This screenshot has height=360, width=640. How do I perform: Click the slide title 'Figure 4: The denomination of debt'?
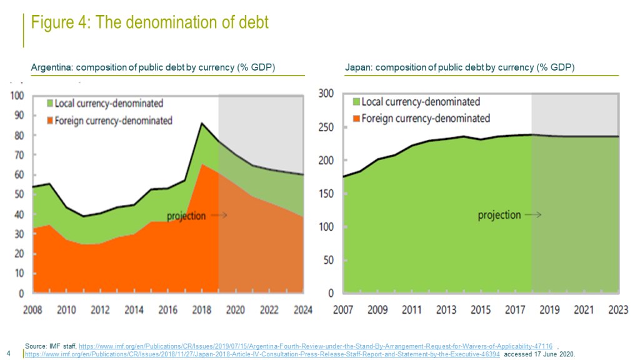pos(150,23)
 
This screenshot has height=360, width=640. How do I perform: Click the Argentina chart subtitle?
pos(153,67)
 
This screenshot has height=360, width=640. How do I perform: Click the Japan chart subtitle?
pos(459,67)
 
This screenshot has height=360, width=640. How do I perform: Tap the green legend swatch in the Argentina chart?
pos(49,103)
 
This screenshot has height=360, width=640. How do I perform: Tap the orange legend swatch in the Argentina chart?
pos(49,121)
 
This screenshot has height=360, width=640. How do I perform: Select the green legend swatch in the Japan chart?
pos(357,101)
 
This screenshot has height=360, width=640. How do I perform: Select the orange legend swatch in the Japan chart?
pos(357,118)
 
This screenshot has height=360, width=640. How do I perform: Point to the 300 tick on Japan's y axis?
pos(327,94)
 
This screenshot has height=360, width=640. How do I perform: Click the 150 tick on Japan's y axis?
pos(327,194)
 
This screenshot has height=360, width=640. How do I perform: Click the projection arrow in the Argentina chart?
pos(219,216)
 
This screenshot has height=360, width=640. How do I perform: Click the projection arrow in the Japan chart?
pos(533,215)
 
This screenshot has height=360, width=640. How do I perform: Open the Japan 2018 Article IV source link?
pos(262,354)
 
